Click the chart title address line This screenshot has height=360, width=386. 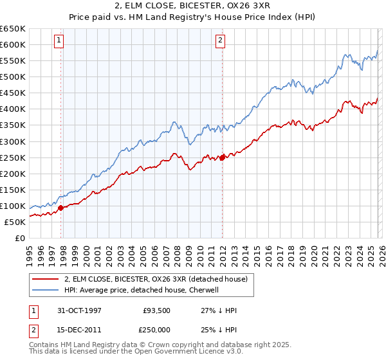point(192,6)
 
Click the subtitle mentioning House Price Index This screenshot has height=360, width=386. point(192,17)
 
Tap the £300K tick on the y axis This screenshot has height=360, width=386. point(13,141)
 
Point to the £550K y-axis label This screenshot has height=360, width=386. point(13,61)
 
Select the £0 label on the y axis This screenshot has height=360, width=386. point(19,238)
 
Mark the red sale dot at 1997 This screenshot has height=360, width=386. point(61,208)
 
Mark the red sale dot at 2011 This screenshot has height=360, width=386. point(223,157)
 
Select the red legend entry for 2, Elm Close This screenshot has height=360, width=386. point(160,279)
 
